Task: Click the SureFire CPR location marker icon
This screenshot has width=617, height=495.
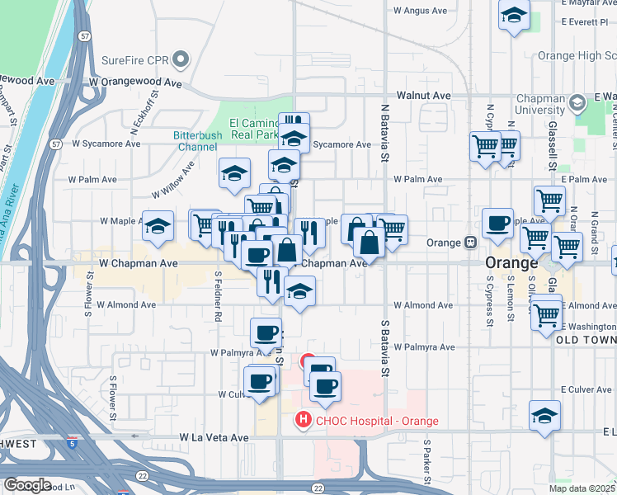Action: [181, 59]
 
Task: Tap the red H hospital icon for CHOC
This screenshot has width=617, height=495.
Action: [303, 421]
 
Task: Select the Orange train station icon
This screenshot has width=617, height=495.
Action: [470, 243]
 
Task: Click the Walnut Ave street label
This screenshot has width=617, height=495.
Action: [423, 96]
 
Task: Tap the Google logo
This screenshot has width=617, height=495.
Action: [27, 485]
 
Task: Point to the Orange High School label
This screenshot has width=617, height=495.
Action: [577, 56]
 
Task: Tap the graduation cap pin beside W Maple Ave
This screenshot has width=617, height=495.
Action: [157, 226]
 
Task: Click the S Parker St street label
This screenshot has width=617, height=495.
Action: [428, 462]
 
